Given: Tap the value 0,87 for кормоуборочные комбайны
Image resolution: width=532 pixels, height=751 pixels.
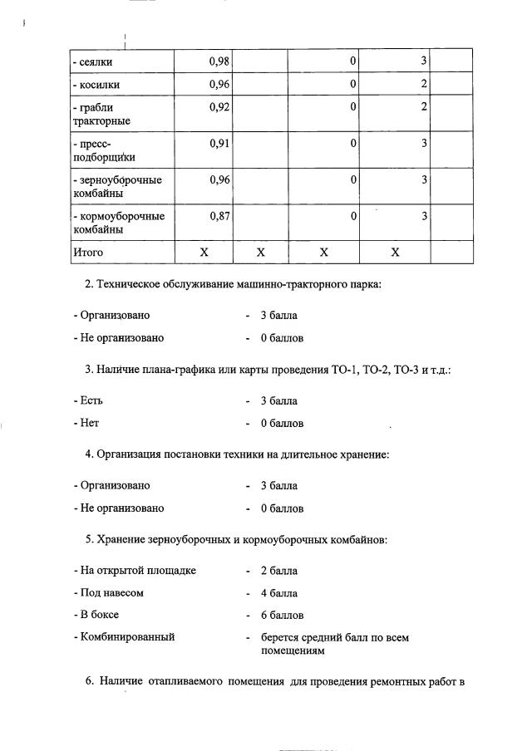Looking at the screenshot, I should point(219,216).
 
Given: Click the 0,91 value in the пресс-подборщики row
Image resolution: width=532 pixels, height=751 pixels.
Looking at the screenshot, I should point(219,143).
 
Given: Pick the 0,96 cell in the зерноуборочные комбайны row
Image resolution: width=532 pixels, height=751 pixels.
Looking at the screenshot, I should point(219,179).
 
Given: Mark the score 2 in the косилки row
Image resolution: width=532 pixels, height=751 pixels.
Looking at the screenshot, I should point(424,84).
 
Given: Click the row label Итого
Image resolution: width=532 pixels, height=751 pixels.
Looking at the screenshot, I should point(88,252).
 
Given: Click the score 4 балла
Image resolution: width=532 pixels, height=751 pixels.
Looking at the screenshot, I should point(278,593).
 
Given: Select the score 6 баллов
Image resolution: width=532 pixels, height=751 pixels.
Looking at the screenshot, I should point(282,616).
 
